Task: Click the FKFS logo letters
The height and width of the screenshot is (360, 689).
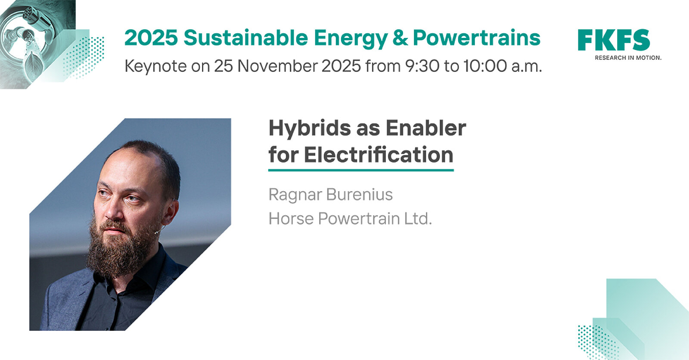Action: point(614,40)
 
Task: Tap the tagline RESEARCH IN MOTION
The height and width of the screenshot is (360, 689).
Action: point(628,58)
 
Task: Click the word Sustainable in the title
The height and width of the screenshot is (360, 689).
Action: point(246,38)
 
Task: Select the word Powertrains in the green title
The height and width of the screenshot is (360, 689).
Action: point(476,38)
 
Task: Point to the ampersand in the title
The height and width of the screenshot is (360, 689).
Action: point(400,38)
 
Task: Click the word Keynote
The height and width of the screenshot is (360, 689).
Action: point(155,66)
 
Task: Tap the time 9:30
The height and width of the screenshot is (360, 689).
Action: point(422,66)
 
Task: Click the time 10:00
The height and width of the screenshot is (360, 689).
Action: point(485,66)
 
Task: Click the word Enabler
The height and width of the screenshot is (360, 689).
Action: point(426,128)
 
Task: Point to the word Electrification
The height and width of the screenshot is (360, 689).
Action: point(379,154)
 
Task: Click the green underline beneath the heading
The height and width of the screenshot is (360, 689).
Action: point(361,170)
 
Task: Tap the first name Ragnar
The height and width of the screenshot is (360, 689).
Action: point(295,195)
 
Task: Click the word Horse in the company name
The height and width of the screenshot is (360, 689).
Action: point(291,218)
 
